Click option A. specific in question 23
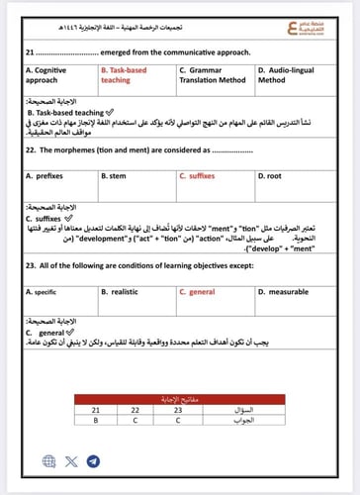[x=44, y=292]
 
